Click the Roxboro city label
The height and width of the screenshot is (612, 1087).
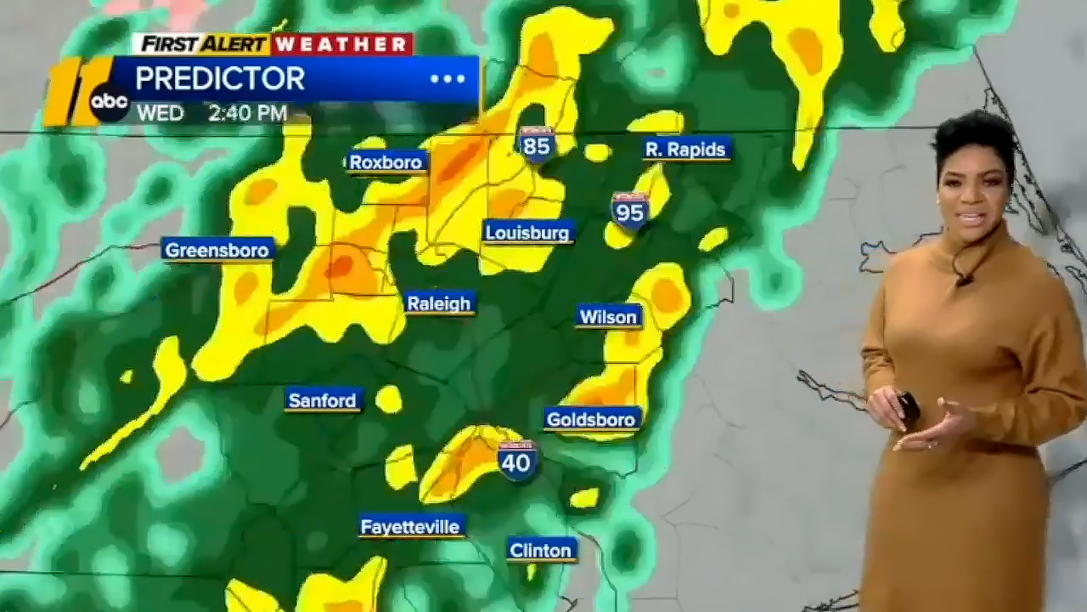[386, 162]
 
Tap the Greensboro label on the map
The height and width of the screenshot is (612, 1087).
[217, 250]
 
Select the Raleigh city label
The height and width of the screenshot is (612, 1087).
[439, 303]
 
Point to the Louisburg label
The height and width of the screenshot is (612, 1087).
[528, 232]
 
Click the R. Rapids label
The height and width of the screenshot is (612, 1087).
[685, 150]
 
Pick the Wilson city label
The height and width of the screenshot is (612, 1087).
[608, 317]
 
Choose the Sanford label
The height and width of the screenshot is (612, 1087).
[323, 400]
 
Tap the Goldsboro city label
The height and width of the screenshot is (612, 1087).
[591, 419]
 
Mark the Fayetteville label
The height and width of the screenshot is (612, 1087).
[410, 527]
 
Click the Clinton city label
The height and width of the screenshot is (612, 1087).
[541, 551]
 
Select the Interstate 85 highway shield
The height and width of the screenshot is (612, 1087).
[537, 144]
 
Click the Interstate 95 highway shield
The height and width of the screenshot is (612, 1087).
[630, 210]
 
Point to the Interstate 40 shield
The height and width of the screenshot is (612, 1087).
[516, 461]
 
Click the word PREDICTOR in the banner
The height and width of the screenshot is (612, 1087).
[220, 79]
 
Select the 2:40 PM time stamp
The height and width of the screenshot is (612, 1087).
[247, 113]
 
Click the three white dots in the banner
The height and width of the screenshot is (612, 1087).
[448, 79]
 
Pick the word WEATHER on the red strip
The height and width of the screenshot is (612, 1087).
[342, 44]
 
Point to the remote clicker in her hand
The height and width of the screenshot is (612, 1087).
[908, 407]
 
